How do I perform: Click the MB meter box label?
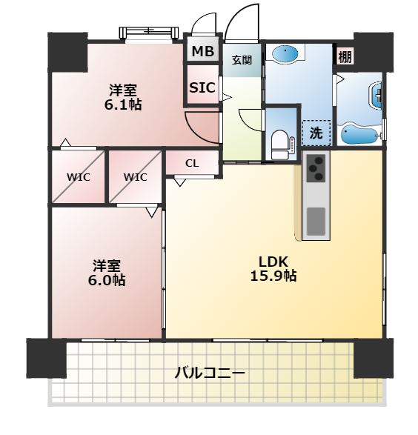tap(202, 52)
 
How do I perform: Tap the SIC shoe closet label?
tap(202, 87)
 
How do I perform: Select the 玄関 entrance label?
tap(241, 60)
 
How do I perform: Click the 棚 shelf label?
tap(345, 56)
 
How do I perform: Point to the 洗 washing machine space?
tap(316, 133)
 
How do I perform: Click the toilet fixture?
tap(279, 141)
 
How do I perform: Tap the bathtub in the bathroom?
tap(359, 134)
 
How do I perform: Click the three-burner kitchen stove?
tap(315, 169)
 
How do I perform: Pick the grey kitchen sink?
tap(315, 221)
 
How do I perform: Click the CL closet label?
tap(191, 164)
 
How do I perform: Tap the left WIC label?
tap(78, 177)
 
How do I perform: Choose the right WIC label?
tap(135, 177)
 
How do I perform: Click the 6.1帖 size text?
tap(123, 104)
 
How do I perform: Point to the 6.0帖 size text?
tap(108, 280)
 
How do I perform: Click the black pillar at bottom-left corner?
tap(47, 358)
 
